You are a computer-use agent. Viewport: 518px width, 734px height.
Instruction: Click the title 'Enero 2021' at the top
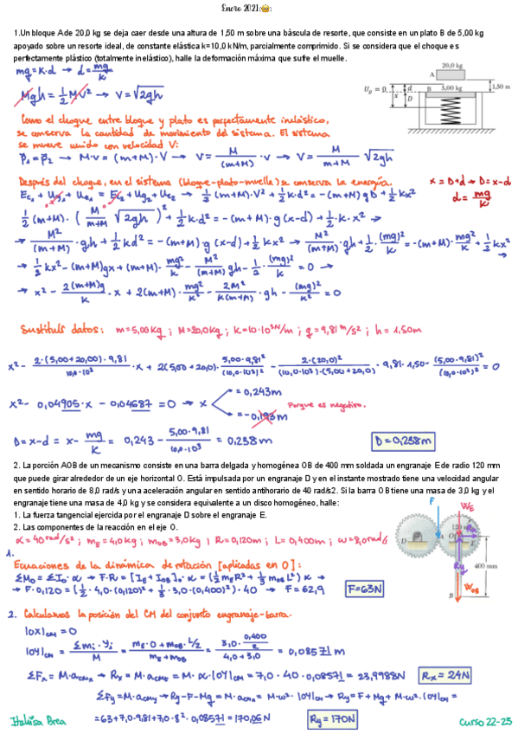(x=257, y=10)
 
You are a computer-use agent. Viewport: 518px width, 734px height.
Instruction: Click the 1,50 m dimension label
(x=500, y=87)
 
